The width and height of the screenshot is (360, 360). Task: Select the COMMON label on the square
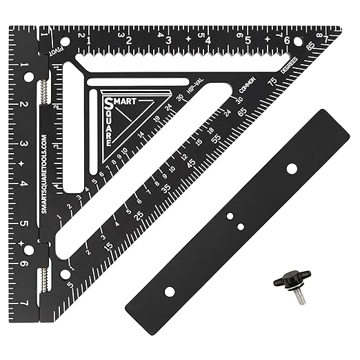click(246, 89)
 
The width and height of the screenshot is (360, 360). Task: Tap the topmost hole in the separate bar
click(291, 168)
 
